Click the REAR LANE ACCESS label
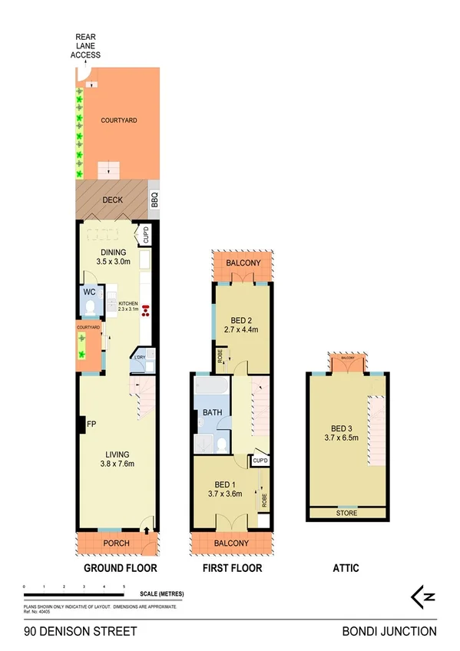pyautogui.click(x=86, y=45)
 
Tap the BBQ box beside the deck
pyautogui.click(x=154, y=200)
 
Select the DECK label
pyautogui.click(x=112, y=200)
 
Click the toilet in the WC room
pyautogui.click(x=91, y=307)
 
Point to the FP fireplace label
pyautogui.click(x=91, y=424)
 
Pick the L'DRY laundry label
pyautogui.click(x=141, y=358)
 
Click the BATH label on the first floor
pyautogui.click(x=212, y=412)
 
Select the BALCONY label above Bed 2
pyautogui.click(x=243, y=264)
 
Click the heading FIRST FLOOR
pyautogui.click(x=231, y=569)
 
